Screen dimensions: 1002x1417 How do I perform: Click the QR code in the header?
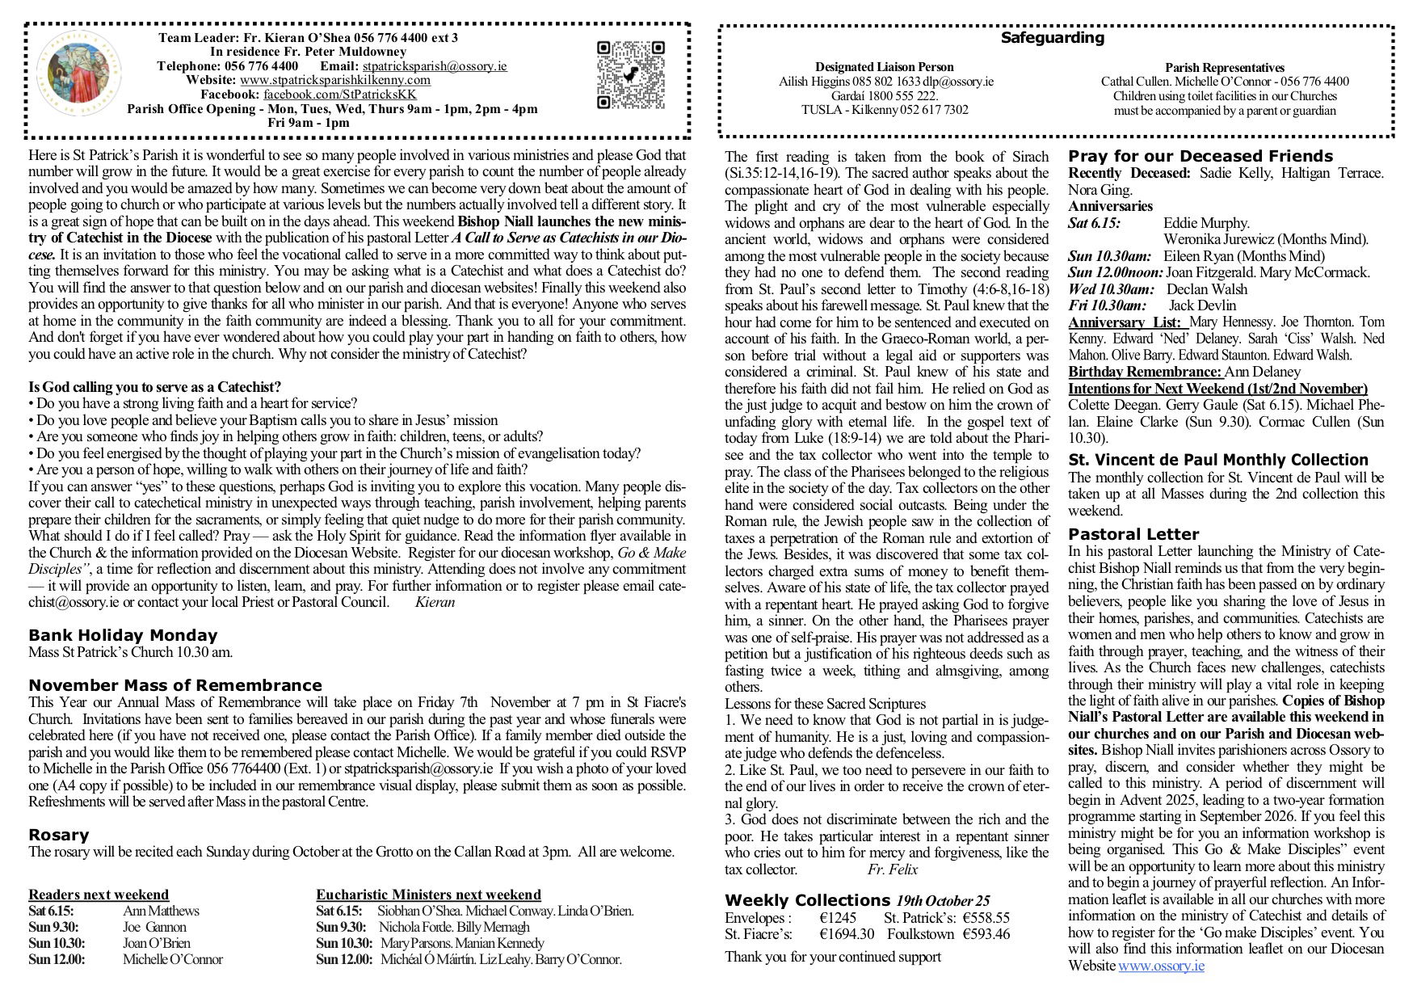[630, 74]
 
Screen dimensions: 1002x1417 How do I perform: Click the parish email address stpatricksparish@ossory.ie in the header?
[435, 65]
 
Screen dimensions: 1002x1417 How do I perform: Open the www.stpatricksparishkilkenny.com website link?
[335, 79]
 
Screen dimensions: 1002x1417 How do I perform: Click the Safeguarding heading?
[1052, 37]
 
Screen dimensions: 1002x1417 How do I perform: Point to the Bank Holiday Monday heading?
[123, 635]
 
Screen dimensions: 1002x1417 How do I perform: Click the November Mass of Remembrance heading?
[175, 685]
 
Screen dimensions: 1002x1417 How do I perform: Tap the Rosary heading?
[58, 835]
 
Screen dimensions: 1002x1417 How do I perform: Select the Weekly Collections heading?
[806, 900]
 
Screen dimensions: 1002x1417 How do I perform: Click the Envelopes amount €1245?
[837, 918]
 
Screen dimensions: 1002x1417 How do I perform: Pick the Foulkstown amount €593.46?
[986, 934]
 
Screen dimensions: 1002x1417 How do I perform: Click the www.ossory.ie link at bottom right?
[1161, 966]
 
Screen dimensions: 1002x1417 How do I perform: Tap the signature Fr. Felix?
[892, 869]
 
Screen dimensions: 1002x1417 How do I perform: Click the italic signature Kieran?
[435, 602]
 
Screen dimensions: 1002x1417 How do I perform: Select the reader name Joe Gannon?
[154, 927]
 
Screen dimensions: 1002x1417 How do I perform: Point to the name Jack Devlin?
[1202, 305]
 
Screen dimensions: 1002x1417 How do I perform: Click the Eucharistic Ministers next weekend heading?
[428, 895]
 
